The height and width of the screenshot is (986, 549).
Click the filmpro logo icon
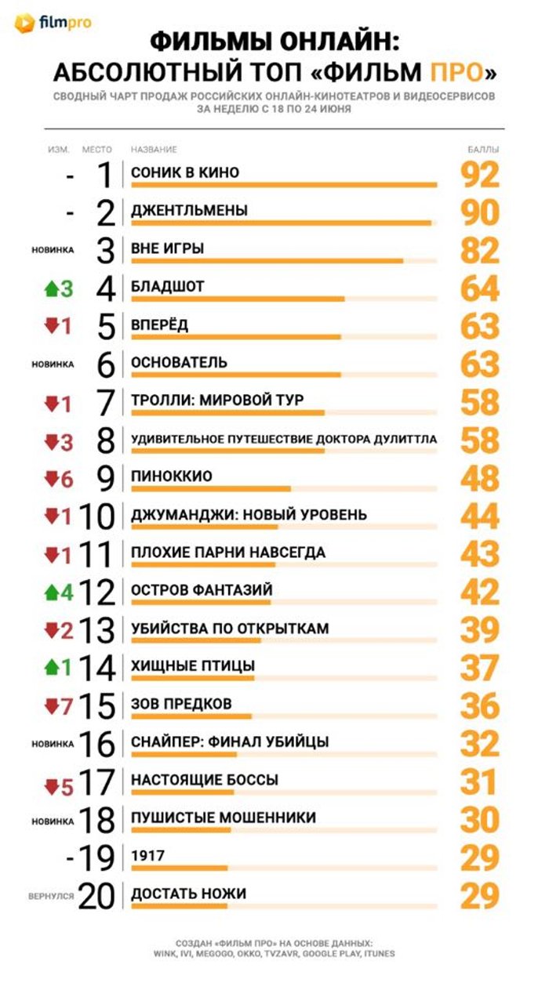pos(24,23)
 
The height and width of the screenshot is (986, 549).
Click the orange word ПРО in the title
pos(457,72)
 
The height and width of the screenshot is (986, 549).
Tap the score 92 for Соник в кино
pos(480,175)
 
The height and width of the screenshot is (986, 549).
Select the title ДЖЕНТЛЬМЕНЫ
pos(189,210)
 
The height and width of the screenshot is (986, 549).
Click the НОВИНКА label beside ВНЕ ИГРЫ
pos(53,250)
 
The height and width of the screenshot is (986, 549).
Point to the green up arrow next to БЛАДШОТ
pos(52,289)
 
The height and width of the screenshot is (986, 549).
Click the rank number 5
pos(106,327)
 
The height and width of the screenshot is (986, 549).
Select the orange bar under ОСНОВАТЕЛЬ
pos(236,375)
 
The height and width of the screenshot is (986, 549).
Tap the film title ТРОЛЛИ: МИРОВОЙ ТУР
pos(217,401)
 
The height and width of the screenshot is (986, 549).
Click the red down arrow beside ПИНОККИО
pos(52,478)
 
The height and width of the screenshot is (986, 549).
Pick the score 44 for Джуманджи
pos(480,516)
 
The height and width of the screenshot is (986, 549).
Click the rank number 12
pos(97,592)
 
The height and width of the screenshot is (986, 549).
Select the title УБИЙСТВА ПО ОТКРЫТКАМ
pos(230,628)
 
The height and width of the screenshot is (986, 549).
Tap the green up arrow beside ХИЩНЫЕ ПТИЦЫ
pos(52,668)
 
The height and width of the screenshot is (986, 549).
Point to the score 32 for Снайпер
pos(480,744)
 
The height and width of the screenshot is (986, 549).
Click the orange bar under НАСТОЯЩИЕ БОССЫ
pos(183,792)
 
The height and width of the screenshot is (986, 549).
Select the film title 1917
pos(147,855)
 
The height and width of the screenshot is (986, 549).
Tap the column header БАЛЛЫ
pos(483,150)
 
